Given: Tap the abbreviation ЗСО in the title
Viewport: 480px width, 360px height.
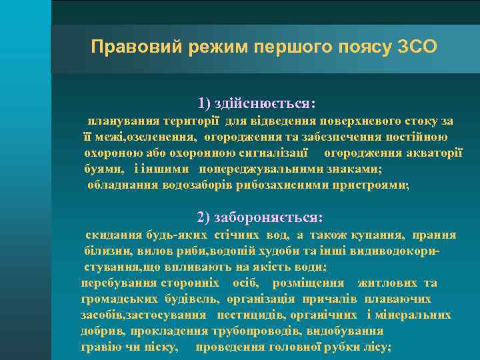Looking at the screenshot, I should click(417, 47).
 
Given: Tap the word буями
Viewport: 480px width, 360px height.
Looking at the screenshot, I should click(103, 169).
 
